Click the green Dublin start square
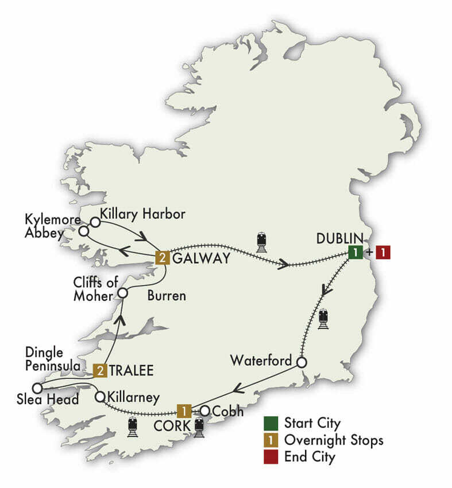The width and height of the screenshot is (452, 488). tap(356, 251)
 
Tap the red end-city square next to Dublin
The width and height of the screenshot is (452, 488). tap(383, 251)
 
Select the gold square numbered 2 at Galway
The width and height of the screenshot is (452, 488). tap(163, 258)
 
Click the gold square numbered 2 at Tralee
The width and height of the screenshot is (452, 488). tap(101, 370)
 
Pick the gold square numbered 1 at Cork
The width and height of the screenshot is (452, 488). tap(184, 411)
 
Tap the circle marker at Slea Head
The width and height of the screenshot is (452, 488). tap(37, 388)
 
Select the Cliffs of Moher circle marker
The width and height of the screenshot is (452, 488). tap(122, 293)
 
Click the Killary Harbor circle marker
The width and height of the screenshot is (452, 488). tap(94, 221)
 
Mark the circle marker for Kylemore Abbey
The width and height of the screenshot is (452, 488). tap(84, 231)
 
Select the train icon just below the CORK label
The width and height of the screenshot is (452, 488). tap(199, 428)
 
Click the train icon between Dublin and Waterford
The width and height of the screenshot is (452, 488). tap(324, 319)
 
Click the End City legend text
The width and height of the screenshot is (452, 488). tap(310, 458)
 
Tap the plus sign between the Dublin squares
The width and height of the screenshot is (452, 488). tap(369, 251)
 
